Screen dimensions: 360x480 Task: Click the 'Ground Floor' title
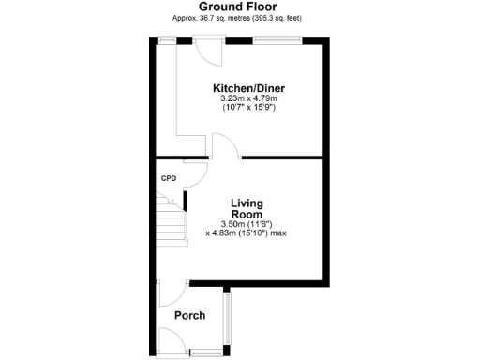(x=240, y=7)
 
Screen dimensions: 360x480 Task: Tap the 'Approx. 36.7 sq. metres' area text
(x=240, y=18)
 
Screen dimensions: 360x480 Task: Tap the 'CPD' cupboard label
(x=169, y=178)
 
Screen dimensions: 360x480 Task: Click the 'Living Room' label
(x=247, y=208)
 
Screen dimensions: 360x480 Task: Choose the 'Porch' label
(x=191, y=316)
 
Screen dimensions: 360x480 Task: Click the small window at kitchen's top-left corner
(x=170, y=39)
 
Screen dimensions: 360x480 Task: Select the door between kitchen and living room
(x=226, y=149)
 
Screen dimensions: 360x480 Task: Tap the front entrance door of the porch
(x=171, y=341)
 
